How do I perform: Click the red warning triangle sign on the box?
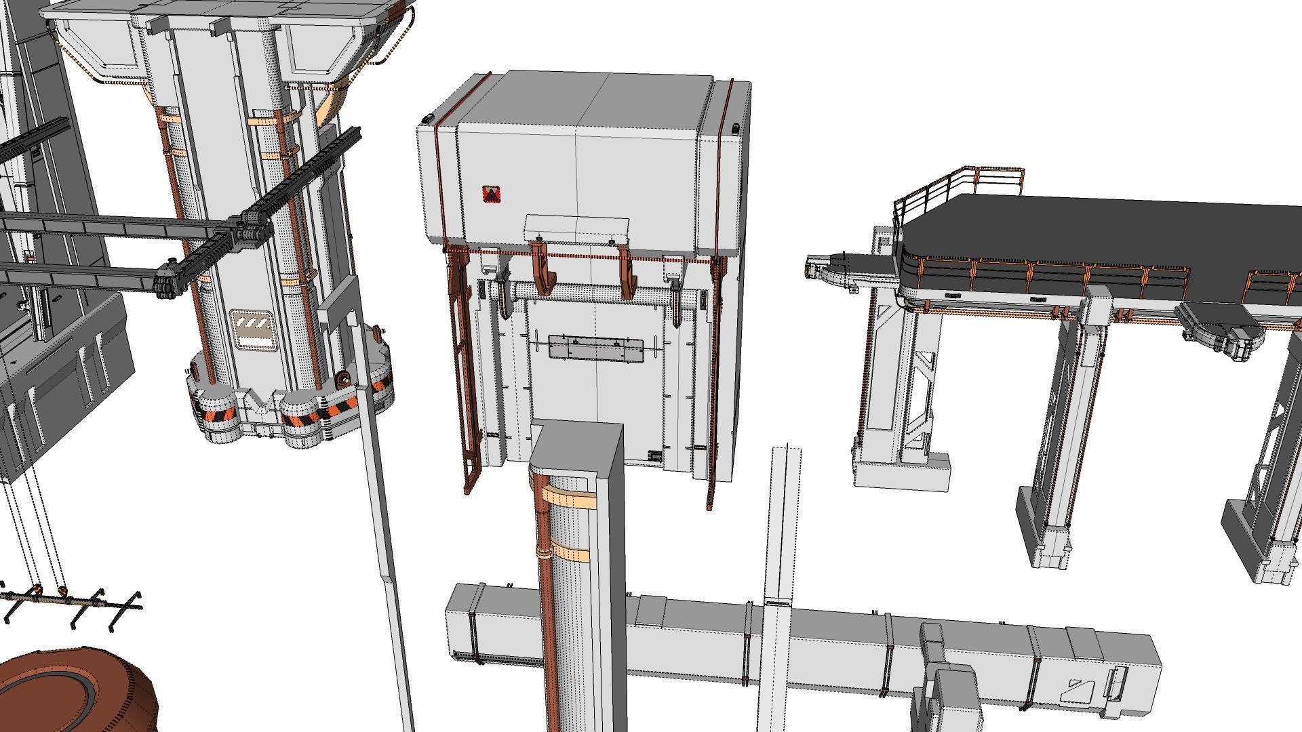[x=491, y=195]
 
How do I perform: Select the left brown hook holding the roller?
[x=542, y=270]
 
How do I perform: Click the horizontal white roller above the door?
[x=583, y=293]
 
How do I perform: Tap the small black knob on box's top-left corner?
[x=426, y=120]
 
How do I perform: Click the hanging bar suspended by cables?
[x=68, y=600]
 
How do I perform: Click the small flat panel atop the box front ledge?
[x=577, y=227]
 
